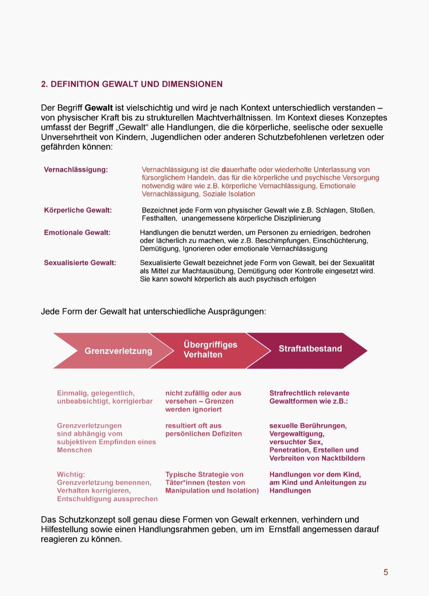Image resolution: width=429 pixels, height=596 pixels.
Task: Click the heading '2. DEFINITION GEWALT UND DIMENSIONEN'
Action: (132, 84)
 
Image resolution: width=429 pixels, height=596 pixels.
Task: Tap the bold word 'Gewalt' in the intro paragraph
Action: (99, 108)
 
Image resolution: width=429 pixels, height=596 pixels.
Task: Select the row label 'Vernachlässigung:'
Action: (76, 170)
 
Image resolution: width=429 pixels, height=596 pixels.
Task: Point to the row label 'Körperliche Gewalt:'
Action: (78, 210)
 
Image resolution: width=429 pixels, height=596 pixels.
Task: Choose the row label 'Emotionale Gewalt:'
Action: (77, 233)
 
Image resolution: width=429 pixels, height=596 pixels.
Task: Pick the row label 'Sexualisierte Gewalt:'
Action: (80, 263)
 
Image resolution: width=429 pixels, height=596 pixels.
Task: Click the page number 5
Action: (386, 572)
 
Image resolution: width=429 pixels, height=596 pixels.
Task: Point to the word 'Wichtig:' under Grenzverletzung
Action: (71, 475)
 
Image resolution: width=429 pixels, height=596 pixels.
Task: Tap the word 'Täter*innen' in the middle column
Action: (185, 483)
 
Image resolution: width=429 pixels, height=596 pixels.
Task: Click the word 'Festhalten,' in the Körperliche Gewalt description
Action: (160, 219)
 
